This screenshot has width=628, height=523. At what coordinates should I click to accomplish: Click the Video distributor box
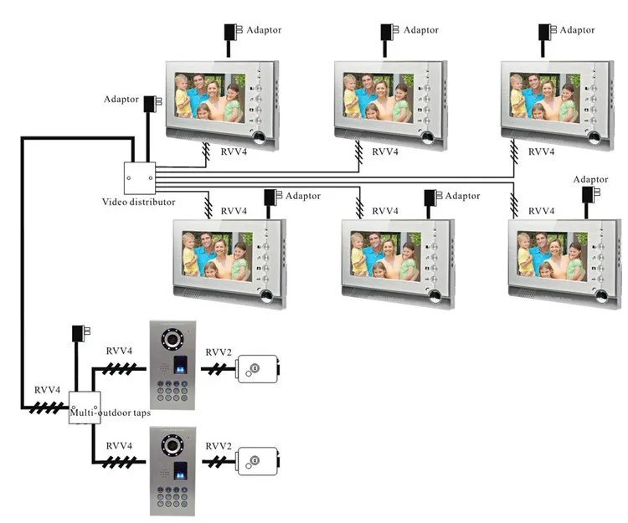(139, 178)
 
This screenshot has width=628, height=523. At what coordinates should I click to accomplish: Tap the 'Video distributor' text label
(138, 202)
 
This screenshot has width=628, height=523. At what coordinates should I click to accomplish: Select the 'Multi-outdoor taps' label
(111, 413)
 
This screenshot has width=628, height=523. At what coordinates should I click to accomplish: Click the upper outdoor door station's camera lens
(172, 340)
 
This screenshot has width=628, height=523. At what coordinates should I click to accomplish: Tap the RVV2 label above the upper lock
(219, 352)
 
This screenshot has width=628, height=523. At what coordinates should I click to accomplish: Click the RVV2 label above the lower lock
(219, 446)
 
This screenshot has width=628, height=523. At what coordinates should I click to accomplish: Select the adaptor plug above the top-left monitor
(232, 33)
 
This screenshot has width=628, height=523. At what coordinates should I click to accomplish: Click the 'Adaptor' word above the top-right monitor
(577, 30)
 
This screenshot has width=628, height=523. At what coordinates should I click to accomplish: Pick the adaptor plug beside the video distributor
(152, 104)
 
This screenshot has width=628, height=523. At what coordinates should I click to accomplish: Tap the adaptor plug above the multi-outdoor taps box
(80, 333)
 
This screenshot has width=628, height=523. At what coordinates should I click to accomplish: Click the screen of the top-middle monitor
(378, 98)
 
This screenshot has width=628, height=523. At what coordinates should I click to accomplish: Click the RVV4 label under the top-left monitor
(234, 151)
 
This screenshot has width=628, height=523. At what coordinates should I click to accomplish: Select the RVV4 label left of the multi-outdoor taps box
(47, 390)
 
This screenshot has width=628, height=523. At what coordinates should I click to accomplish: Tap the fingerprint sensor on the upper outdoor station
(180, 365)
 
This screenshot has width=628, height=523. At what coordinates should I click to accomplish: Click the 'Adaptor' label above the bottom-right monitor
(590, 179)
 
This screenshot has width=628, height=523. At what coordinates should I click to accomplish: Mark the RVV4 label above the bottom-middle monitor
(385, 211)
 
